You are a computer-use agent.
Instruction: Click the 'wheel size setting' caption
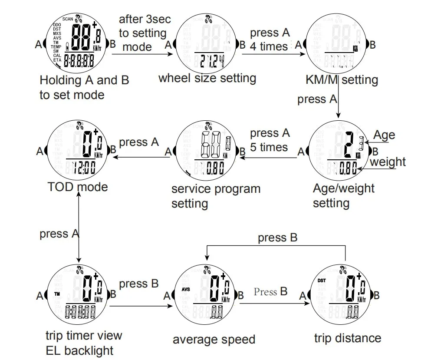[x=207, y=79]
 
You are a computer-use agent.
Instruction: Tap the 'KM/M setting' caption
[x=342, y=80]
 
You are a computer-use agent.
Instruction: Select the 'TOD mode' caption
[x=78, y=187]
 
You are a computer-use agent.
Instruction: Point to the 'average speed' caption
[x=214, y=339]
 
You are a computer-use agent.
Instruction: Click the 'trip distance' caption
[x=348, y=338]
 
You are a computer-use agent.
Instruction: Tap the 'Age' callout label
[x=384, y=135]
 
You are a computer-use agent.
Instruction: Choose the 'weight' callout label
[x=388, y=162]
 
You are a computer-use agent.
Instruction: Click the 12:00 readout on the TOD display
[x=84, y=167]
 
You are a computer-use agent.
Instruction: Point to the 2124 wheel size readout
[x=212, y=62]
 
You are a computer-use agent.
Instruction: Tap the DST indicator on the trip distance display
[x=322, y=281]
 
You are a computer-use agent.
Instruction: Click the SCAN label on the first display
[x=68, y=19]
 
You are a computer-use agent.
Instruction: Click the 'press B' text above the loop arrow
[x=278, y=238]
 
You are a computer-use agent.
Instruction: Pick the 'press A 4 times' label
[x=269, y=40]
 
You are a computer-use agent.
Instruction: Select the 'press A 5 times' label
[x=269, y=140]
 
